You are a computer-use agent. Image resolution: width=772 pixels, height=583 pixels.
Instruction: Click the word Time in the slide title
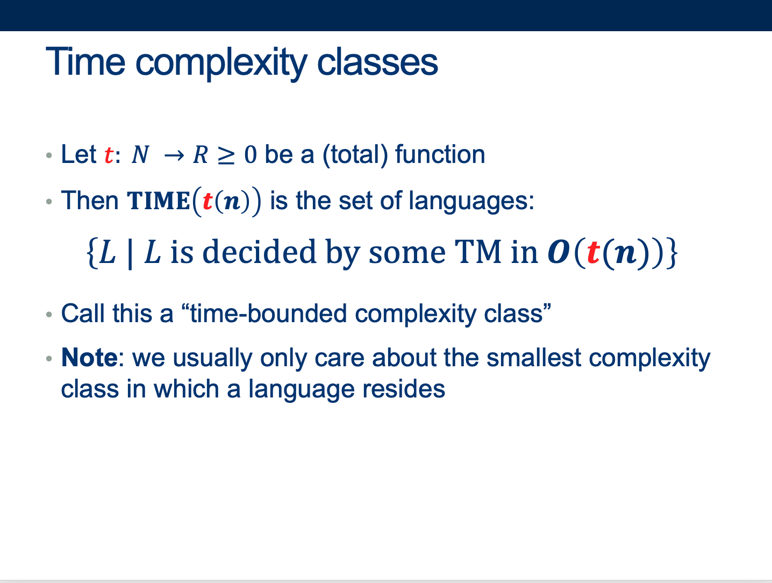85,62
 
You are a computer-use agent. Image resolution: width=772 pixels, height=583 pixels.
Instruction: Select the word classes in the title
377,62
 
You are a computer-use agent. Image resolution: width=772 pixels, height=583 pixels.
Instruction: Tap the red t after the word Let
109,155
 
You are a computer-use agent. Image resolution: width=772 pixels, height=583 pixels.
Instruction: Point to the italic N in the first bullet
140,155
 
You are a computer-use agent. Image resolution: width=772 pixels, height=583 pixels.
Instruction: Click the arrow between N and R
174,155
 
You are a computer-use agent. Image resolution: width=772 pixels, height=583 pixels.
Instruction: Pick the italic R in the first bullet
201,155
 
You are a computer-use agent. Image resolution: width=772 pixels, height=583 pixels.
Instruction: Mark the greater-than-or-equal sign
226,155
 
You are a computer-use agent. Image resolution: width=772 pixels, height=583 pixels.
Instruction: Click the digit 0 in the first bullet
251,155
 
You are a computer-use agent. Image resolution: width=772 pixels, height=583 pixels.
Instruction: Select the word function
440,154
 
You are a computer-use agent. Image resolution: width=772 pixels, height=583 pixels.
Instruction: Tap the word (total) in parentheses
355,155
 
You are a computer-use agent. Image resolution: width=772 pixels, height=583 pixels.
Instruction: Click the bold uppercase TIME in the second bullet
159,201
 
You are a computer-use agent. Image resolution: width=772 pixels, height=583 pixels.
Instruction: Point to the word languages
471,202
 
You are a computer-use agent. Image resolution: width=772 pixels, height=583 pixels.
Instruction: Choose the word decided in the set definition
259,252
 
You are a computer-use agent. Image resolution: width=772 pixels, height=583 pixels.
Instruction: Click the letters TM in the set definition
478,252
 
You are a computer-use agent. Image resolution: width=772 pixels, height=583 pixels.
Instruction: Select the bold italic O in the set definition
559,252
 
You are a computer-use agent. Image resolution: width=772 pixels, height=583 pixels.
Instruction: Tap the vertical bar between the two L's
130,254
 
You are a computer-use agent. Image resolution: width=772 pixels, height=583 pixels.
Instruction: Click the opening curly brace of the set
92,253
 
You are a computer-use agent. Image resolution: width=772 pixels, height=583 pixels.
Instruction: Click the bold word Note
90,358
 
